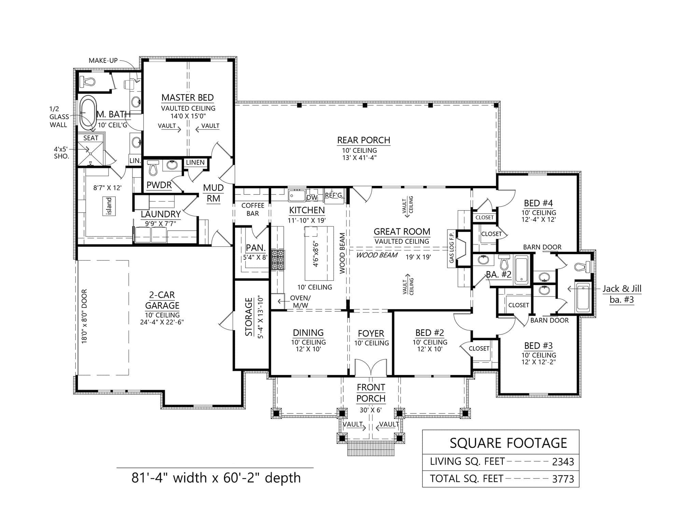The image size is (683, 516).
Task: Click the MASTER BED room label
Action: click(x=187, y=98)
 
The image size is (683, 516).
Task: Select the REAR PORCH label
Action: click(x=364, y=140)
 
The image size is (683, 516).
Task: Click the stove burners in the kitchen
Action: click(x=278, y=260)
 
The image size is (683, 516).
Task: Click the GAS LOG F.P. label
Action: click(x=451, y=247)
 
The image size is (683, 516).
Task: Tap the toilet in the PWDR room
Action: click(x=153, y=168)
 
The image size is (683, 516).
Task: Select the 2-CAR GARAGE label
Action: click(x=162, y=300)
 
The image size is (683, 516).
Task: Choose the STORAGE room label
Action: click(x=249, y=317)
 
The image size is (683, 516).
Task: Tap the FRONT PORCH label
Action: click(x=371, y=393)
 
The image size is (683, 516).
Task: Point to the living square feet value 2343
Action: click(x=563, y=462)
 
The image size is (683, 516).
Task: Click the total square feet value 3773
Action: click(x=563, y=479)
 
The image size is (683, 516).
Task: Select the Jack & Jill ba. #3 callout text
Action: click(x=622, y=294)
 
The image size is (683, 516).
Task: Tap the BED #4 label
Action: click(x=538, y=203)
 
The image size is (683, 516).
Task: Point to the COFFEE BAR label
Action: click(x=253, y=209)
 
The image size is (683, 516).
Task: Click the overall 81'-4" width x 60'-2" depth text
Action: click(x=216, y=478)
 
